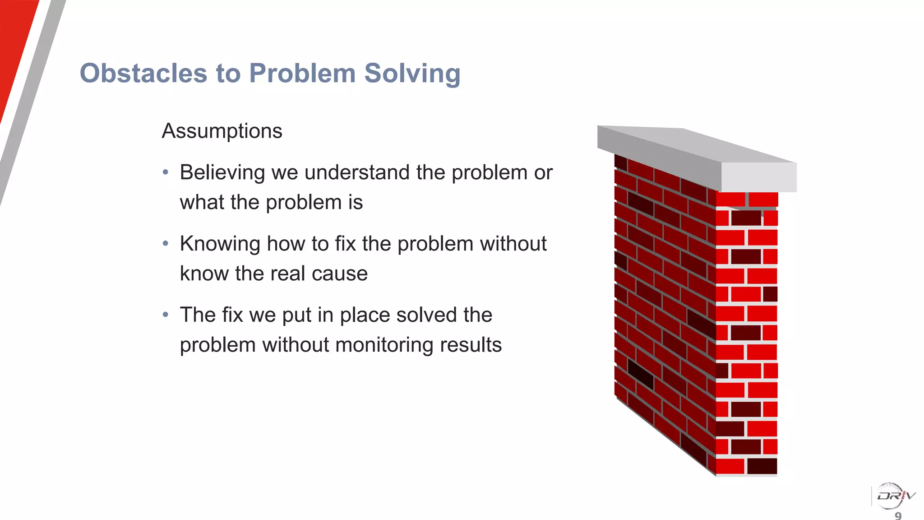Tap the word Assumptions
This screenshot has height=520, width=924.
222,131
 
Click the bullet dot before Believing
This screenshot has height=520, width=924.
166,172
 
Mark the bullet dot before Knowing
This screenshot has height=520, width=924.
166,244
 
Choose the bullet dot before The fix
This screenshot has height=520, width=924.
166,315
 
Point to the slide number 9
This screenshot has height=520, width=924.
898,515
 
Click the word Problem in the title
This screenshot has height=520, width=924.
302,73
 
